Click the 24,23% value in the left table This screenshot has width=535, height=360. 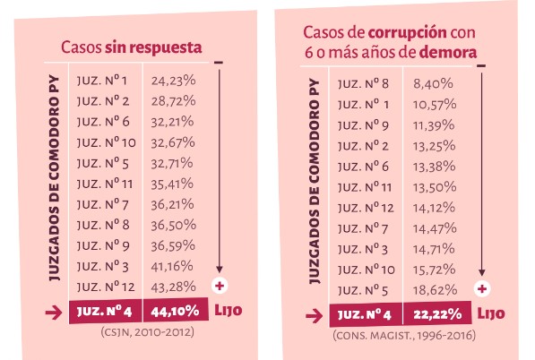tap(173, 81)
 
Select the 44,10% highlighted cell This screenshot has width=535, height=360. tap(176, 310)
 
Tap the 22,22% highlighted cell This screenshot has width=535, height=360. tap(437, 313)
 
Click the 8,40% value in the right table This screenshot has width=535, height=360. tap(433, 84)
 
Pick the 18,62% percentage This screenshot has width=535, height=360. tap(435, 290)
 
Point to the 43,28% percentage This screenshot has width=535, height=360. tap(173, 287)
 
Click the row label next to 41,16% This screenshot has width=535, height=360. tap(103, 267)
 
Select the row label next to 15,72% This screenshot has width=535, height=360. tap(367, 270)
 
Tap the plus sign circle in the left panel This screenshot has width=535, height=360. tap(220, 286)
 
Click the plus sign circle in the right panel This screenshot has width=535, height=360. tap(482, 289)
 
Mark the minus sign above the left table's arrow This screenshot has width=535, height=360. tap(219, 63)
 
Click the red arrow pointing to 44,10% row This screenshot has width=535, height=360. tap(54, 313)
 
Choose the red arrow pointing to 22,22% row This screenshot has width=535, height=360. tap(315, 316)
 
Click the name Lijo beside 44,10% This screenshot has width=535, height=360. tap(229, 310)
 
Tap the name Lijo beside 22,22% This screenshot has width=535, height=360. tap(491, 313)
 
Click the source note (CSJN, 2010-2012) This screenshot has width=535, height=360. tap(147, 332)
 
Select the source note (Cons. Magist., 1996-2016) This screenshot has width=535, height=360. tap(404, 336)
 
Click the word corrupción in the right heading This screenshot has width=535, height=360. tap(408, 33)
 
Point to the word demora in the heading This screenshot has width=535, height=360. tap(448, 53)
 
